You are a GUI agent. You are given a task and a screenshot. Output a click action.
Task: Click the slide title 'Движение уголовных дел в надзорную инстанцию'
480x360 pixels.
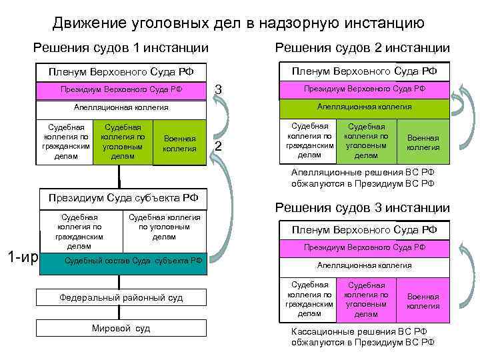coord(239,24)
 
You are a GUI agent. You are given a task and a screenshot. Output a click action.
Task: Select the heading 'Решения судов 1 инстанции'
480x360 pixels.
coord(121,48)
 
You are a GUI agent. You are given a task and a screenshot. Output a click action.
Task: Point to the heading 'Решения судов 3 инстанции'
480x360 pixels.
coord(363,208)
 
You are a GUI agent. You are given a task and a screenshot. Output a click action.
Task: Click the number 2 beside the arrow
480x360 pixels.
coord(217,147)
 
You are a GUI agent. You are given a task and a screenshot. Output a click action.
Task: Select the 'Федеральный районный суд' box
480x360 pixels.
coord(121,297)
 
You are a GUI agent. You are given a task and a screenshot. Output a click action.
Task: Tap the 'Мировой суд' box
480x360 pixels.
coord(121,328)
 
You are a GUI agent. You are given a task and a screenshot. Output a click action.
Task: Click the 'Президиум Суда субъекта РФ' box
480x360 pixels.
coord(123,198)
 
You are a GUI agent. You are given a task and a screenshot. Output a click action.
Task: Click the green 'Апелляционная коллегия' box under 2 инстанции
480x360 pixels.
coord(364,107)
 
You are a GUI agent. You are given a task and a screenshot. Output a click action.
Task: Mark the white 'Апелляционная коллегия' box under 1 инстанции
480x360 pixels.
coord(121,107)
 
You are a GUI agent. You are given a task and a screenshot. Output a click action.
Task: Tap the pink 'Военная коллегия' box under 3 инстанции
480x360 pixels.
coord(423,301)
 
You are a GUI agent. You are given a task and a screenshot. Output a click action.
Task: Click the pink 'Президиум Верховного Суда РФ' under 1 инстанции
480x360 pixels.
coord(121,89)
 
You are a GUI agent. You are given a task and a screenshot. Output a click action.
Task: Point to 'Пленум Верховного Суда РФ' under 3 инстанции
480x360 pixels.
coord(364,230)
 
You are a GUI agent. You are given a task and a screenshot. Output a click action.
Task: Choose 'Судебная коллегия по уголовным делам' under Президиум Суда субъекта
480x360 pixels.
coord(164,227)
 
